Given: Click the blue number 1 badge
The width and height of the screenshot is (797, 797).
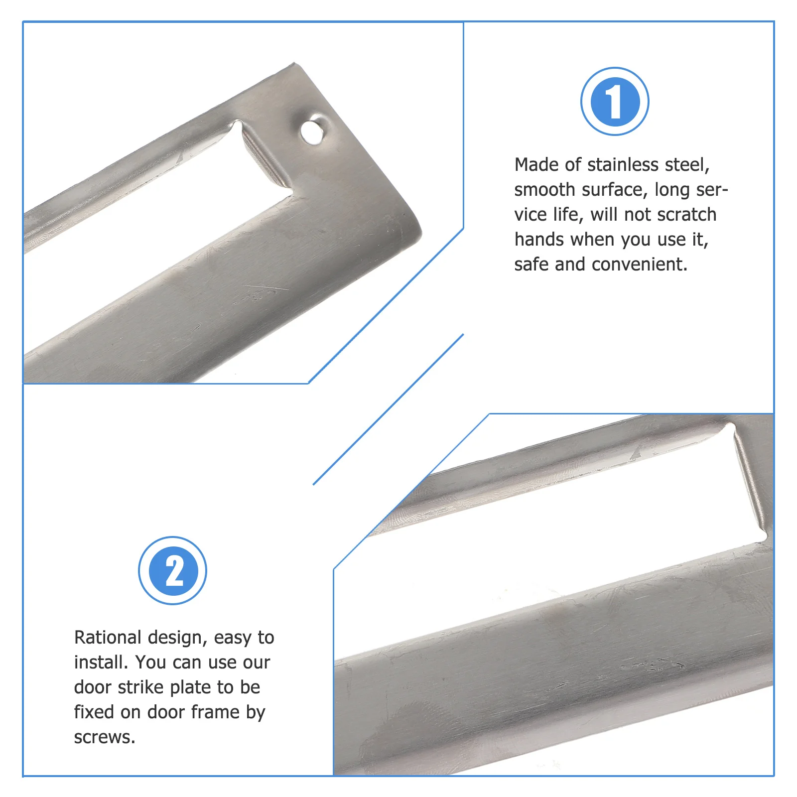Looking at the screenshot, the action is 615,101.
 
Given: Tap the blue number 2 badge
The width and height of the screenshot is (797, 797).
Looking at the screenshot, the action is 172,570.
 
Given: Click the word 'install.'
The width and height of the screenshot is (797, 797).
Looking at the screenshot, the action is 101,663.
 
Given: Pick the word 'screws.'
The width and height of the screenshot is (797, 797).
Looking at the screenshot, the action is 105,738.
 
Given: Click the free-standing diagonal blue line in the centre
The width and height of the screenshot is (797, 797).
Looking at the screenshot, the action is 389,409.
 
